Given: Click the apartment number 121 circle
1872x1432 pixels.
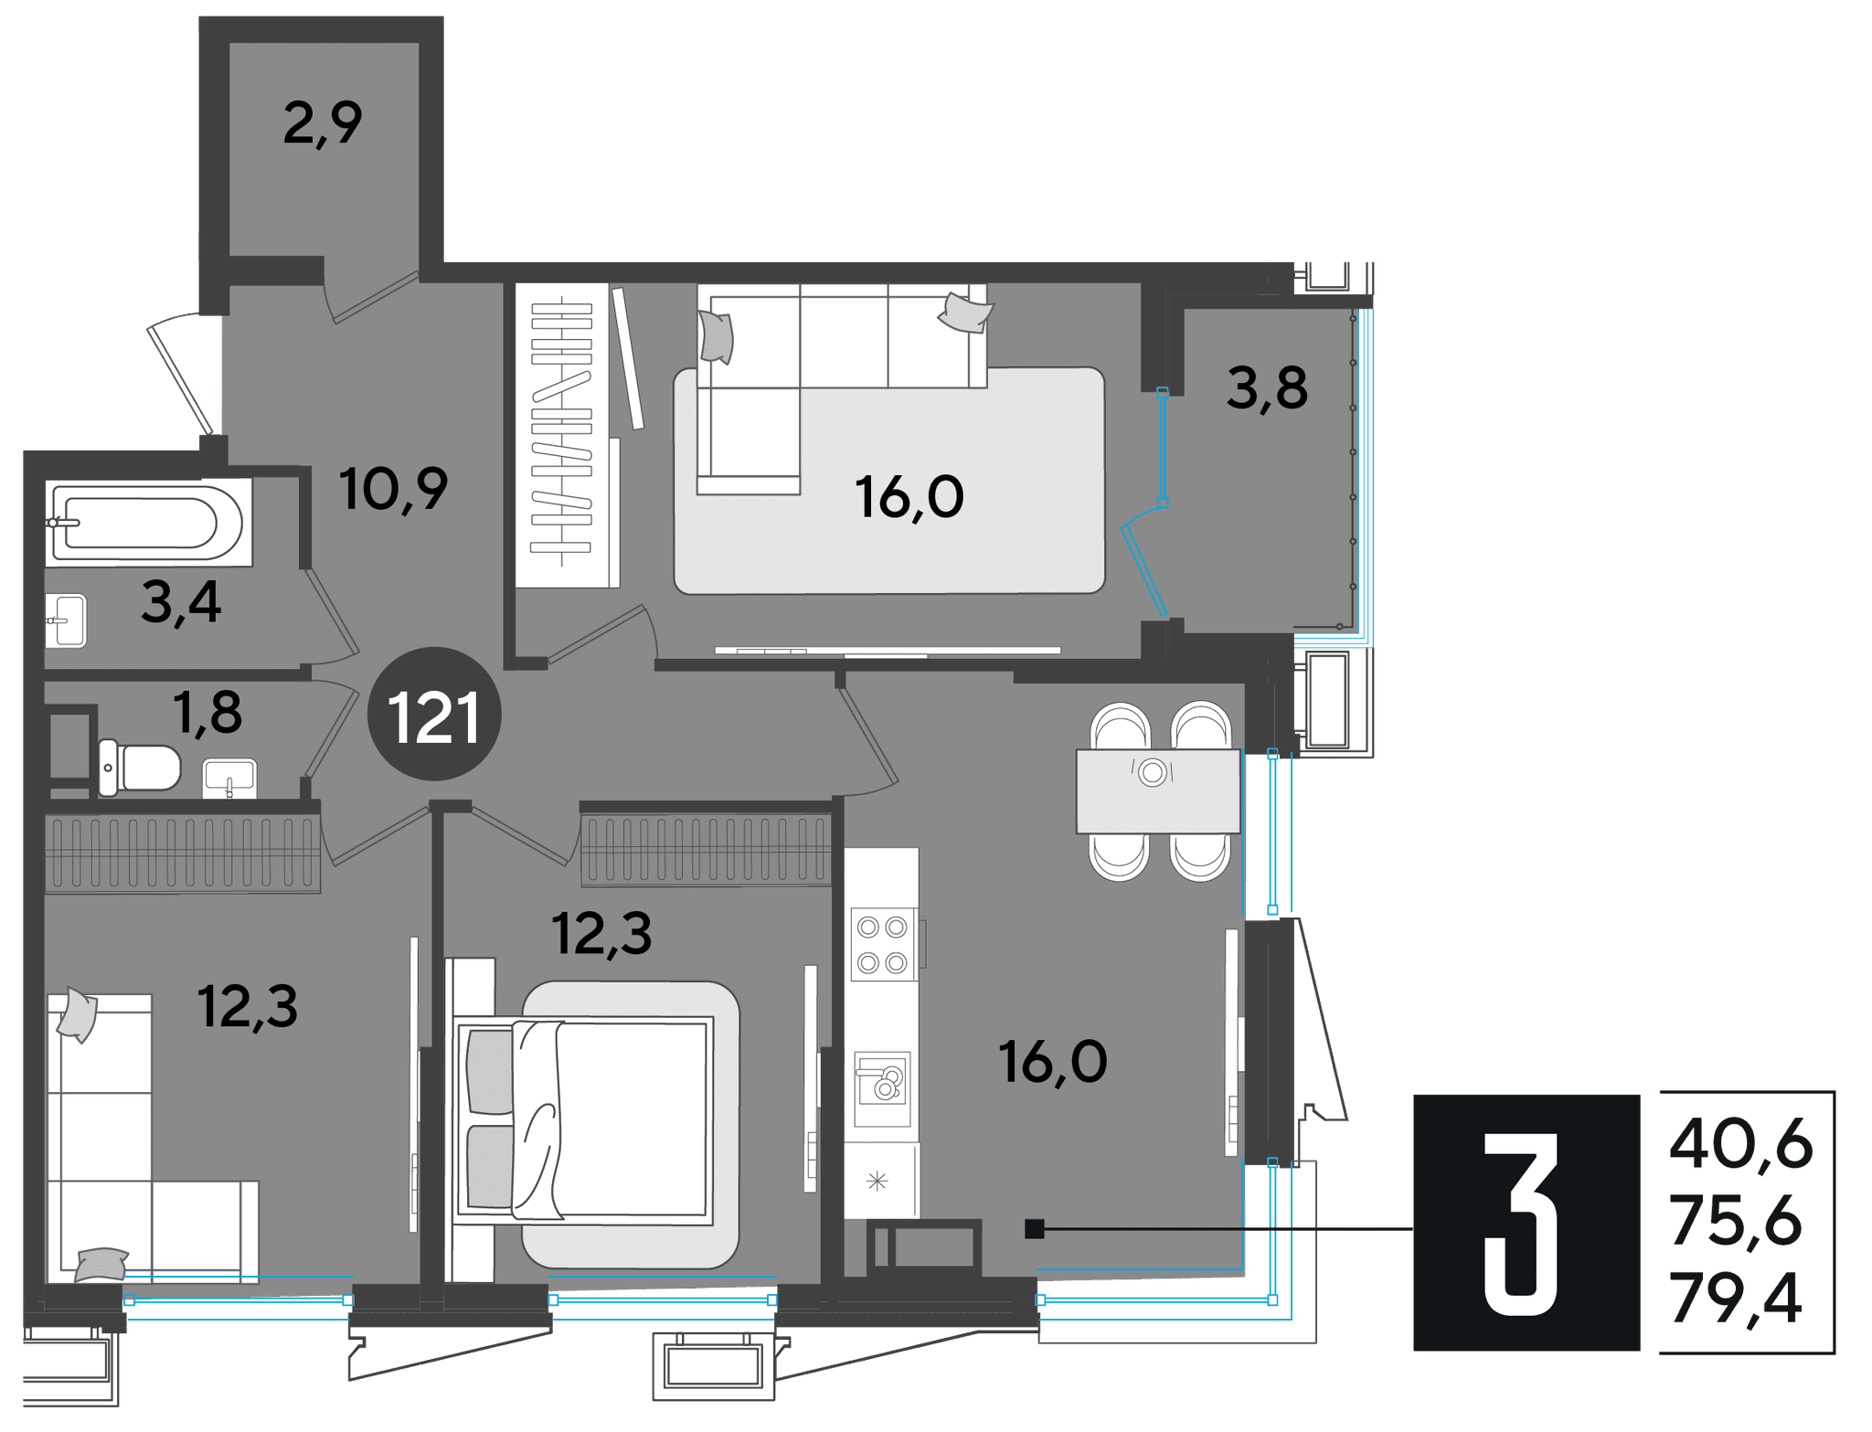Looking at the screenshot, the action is click(x=434, y=714).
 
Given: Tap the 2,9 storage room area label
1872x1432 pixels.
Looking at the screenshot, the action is click(x=323, y=123).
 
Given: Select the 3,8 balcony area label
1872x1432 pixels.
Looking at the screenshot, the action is click(x=1267, y=388).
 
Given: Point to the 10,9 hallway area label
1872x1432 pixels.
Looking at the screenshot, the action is click(x=394, y=490).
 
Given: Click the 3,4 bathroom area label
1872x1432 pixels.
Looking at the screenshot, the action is click(x=181, y=603).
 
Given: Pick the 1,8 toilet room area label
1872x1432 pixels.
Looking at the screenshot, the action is click(x=207, y=713).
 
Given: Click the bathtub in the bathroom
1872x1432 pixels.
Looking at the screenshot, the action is click(x=148, y=522).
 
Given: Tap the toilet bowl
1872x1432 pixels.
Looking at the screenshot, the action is click(x=140, y=768).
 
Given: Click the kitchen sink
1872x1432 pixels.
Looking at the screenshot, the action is click(x=882, y=1088).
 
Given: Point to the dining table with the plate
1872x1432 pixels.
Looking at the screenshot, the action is click(x=1158, y=791).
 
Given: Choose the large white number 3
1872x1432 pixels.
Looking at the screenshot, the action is click(x=1520, y=1225).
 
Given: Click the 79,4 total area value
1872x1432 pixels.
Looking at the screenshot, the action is click(x=1736, y=1299).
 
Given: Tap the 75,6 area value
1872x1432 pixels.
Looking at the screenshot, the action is click(x=1736, y=1221).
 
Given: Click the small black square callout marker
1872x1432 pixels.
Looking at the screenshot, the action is click(x=1035, y=1229).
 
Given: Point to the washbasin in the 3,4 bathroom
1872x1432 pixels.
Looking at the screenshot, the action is click(x=66, y=621).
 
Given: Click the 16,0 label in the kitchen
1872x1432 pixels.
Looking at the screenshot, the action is click(x=1053, y=1062).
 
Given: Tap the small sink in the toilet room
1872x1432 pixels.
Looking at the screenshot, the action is click(x=229, y=779).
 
